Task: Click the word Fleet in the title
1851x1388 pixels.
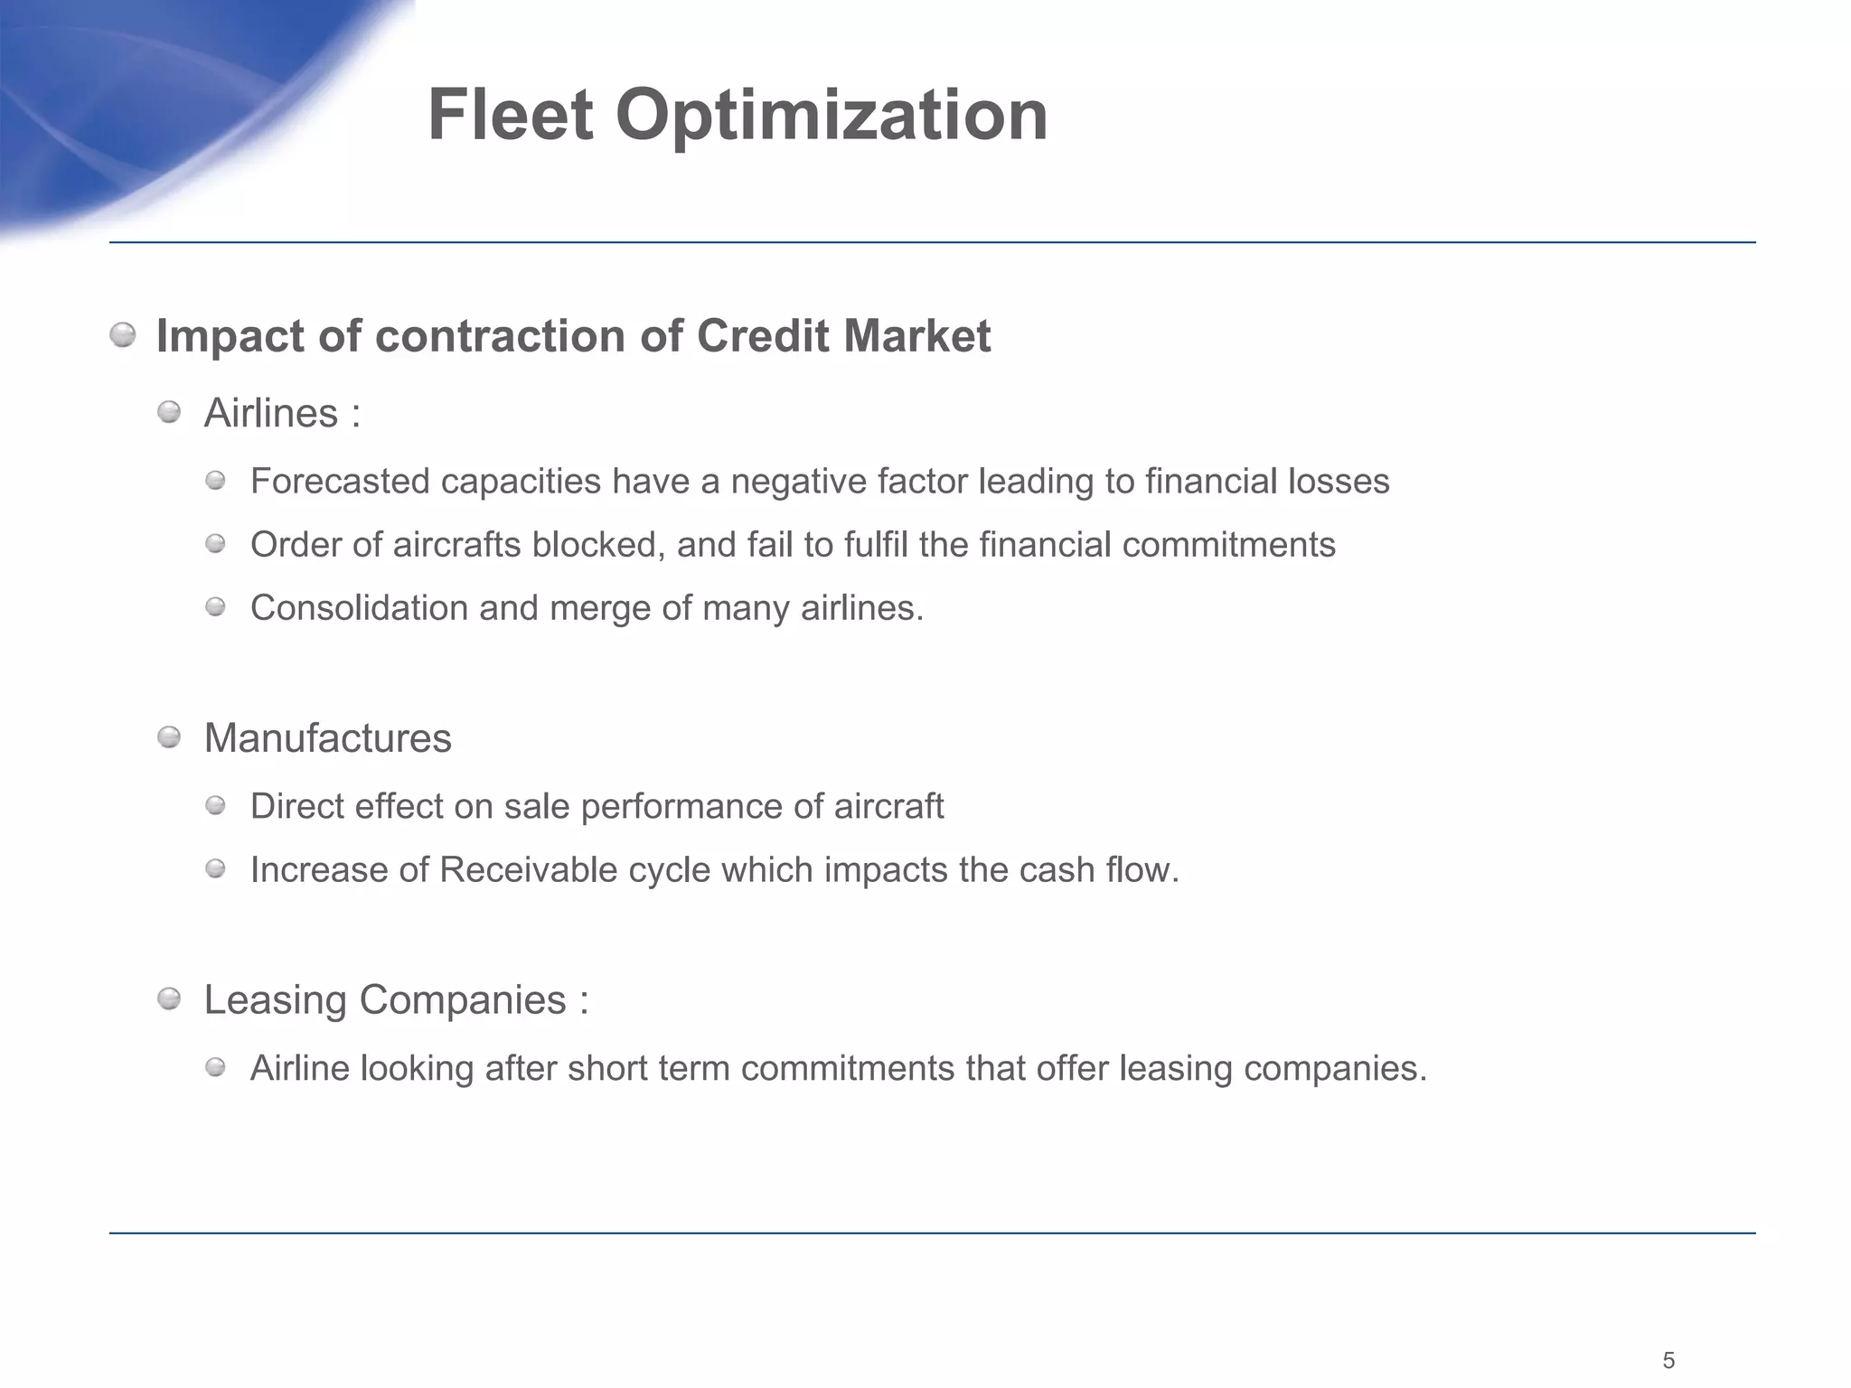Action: (510, 116)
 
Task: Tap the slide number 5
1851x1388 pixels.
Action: (1668, 1360)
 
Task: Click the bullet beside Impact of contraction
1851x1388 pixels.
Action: (123, 336)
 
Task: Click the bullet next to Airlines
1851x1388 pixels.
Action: (169, 413)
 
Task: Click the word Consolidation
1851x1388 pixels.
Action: (359, 607)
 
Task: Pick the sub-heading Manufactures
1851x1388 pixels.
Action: (327, 738)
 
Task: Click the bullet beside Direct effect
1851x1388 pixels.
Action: (215, 805)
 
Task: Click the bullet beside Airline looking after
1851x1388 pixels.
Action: (215, 1068)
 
